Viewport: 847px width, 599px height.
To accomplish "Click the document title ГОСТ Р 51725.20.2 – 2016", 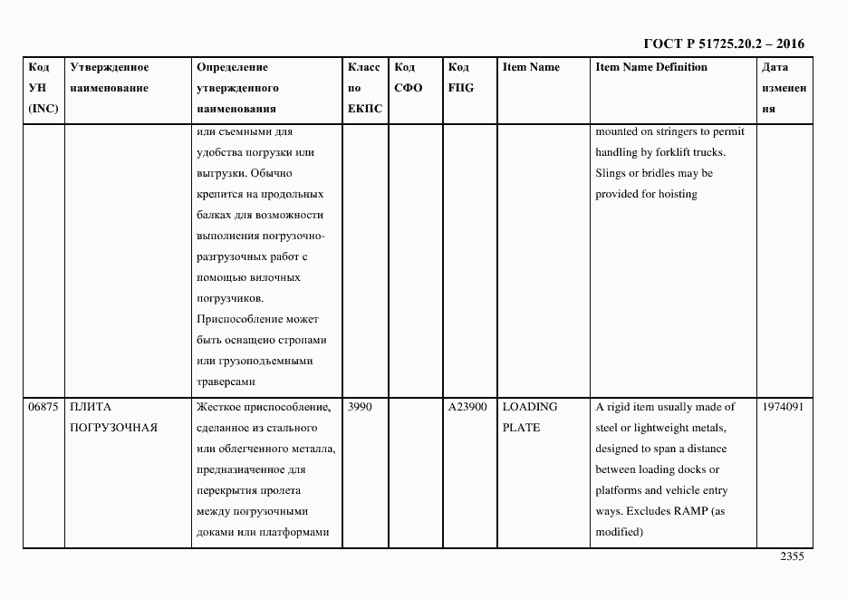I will [723, 43].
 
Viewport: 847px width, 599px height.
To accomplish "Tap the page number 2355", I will [792, 557].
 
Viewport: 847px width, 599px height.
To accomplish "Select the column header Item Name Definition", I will [650, 67].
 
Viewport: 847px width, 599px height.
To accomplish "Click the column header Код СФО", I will [409, 78].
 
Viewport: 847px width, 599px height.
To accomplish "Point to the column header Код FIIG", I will [460, 78].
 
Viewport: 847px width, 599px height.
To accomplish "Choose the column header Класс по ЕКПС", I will [364, 88].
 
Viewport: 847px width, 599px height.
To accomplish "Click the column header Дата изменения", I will [784, 88].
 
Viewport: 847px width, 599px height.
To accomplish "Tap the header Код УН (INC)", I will [42, 88].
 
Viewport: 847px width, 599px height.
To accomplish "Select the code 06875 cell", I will [43, 407].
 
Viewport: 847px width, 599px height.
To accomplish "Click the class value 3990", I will [361, 407].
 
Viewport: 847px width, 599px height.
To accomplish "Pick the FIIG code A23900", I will [468, 407].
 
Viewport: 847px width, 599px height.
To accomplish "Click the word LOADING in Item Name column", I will [530, 407].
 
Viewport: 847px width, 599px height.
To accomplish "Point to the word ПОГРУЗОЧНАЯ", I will [113, 428].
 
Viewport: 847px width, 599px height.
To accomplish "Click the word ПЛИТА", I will [90, 407].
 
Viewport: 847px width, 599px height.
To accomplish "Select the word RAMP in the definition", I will [690, 511].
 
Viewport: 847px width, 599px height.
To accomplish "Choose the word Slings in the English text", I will [611, 173].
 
